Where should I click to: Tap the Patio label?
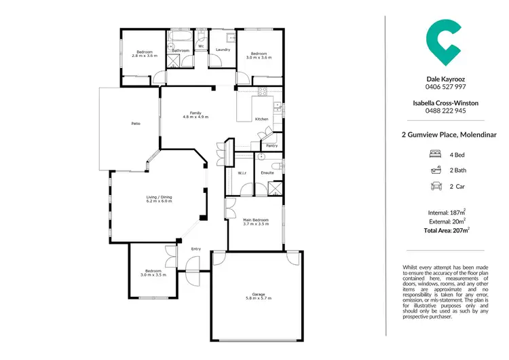135,123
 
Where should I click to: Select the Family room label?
195,113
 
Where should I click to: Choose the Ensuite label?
267,173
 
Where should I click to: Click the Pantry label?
271,145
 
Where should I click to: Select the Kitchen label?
261,119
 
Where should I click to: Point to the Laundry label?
223,50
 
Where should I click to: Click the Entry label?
196,249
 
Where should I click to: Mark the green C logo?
444,43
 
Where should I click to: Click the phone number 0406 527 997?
445,87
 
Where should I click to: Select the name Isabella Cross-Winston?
445,103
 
